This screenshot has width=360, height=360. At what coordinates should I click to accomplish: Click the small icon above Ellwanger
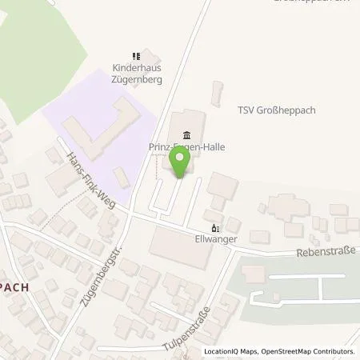coord(213,226)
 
